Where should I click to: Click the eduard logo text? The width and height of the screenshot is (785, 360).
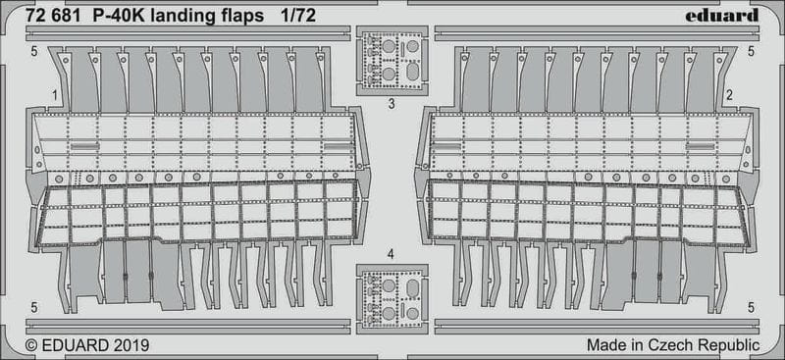click(x=721, y=16)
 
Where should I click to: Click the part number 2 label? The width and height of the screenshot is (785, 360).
click(x=730, y=94)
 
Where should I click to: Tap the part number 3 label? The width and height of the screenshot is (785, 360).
click(x=392, y=105)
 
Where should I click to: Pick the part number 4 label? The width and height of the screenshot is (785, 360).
click(x=391, y=255)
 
